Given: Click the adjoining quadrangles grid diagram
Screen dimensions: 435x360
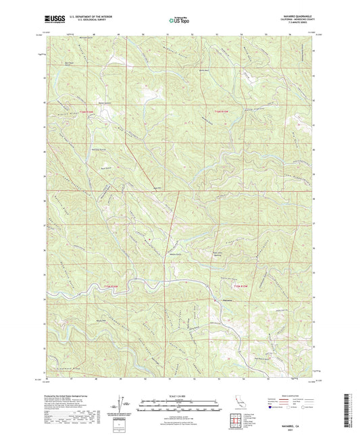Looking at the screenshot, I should pyautogui.click(x=236, y=419).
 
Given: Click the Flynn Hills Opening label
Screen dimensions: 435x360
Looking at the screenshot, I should pyautogui.click(x=199, y=253).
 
